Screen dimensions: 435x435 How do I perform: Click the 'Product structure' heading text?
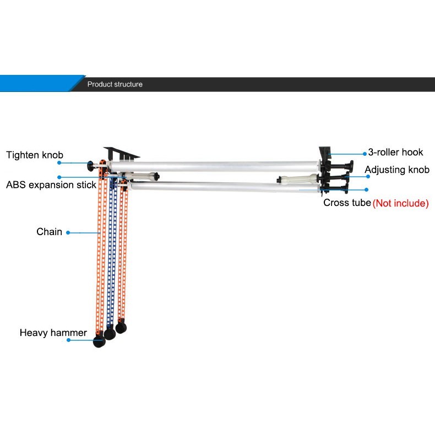(x=115, y=84)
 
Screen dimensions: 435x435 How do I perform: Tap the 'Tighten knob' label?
(x=35, y=155)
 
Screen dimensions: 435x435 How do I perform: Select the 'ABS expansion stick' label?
(x=51, y=185)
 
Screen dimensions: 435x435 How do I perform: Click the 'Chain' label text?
(x=49, y=232)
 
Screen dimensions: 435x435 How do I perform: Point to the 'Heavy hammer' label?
(x=53, y=333)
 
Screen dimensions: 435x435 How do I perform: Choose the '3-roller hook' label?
(x=395, y=152)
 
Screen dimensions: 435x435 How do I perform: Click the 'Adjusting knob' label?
(x=397, y=170)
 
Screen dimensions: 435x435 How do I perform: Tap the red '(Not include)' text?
(x=401, y=203)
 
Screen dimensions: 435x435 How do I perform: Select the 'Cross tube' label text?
(x=347, y=203)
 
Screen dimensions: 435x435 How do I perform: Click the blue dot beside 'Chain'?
(x=68, y=233)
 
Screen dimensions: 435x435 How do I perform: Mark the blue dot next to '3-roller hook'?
(x=365, y=154)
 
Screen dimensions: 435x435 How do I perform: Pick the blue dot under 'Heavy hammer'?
(x=68, y=340)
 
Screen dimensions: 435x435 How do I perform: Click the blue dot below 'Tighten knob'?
(x=59, y=163)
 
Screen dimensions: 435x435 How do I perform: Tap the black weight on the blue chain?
(x=110, y=334)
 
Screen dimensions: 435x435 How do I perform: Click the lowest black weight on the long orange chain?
(x=99, y=341)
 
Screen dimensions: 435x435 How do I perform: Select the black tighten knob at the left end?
(x=90, y=166)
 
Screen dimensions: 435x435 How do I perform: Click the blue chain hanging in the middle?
(x=112, y=252)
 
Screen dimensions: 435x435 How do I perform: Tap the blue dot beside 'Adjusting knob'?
(x=368, y=176)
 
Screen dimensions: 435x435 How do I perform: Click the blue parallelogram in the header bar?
(x=42, y=83)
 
